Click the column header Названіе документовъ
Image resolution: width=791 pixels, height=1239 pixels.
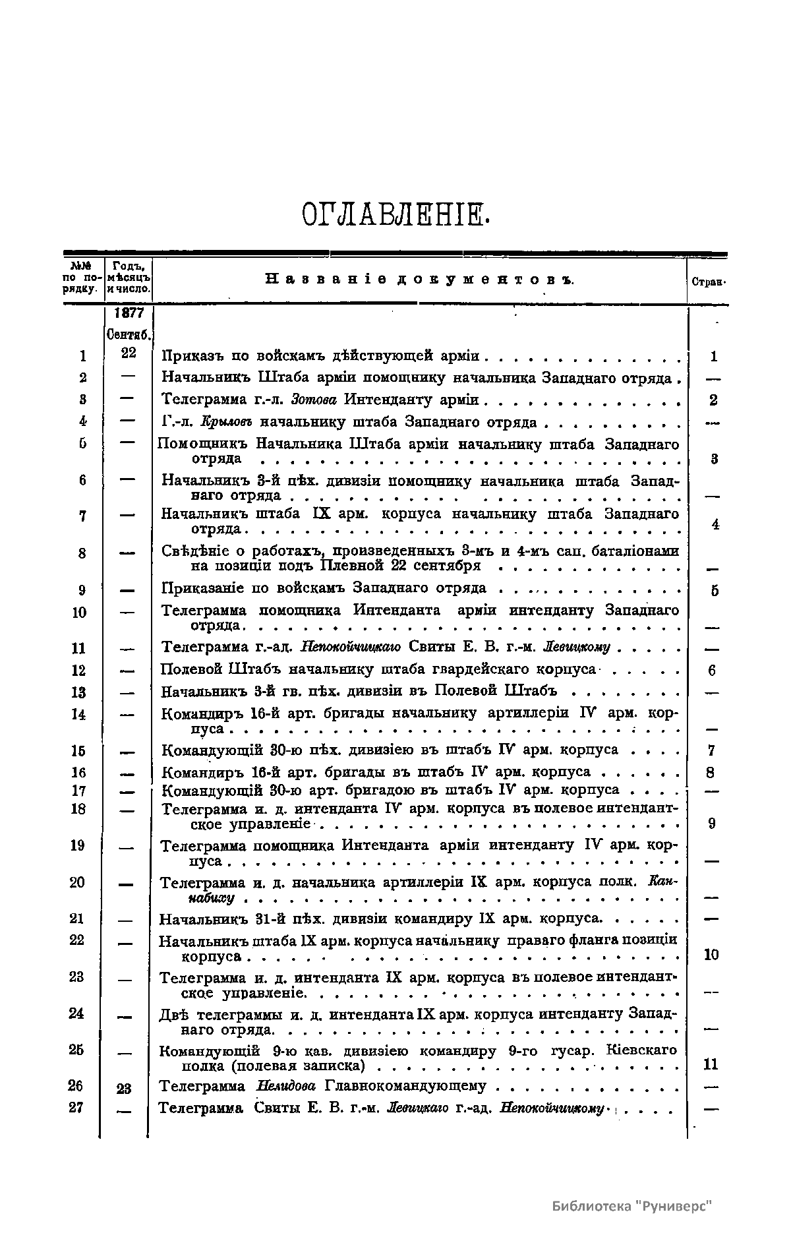tap(419, 280)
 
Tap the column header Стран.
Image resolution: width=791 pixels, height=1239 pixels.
tap(709, 282)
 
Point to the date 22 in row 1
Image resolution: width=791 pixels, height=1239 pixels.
tap(129, 353)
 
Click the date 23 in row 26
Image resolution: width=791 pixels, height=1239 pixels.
tap(124, 1089)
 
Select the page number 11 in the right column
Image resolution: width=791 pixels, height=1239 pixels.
tap(711, 1064)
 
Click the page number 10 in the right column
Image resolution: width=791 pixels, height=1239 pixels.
tap(711, 955)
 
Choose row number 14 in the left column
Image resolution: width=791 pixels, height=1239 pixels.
tap(78, 714)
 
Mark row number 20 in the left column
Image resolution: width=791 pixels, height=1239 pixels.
tap(77, 882)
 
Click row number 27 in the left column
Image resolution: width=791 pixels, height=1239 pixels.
tap(76, 1107)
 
